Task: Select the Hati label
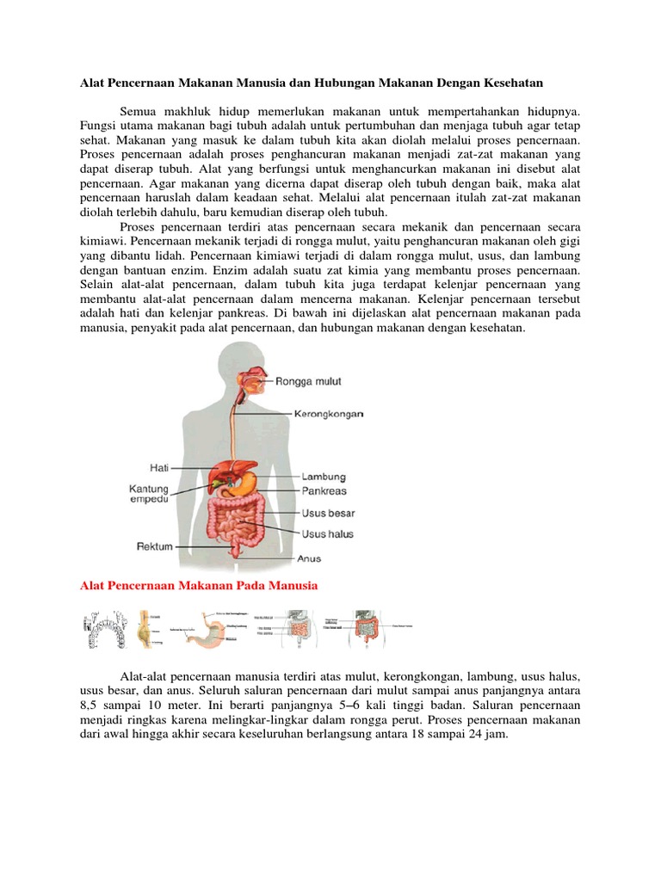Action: pos(157,468)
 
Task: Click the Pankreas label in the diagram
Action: pos(324,491)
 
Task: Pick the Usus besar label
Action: pos(329,513)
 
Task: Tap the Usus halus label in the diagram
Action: pos(328,534)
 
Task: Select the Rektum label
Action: pos(155,545)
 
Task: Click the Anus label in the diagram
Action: pos(309,558)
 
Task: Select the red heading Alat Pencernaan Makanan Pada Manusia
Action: pos(199,586)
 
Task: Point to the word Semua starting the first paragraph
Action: pos(139,111)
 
